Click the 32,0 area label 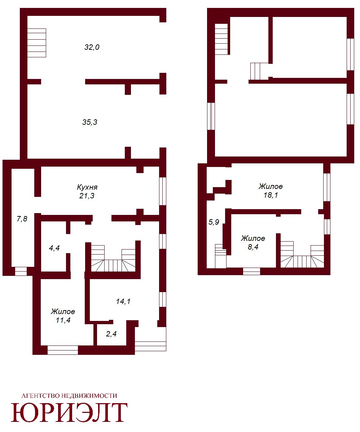[92, 47]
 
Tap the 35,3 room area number [89, 122]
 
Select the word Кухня [87, 188]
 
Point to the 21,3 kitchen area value [87, 196]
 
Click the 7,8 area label [22, 219]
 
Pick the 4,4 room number [54, 248]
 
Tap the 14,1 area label [123, 301]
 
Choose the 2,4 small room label [111, 334]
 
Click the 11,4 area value [63, 320]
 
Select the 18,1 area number [271, 195]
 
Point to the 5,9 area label [214, 222]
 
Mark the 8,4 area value [253, 247]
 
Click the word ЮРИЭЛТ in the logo [69, 413]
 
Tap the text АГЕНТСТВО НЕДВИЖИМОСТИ [69, 396]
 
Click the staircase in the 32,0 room [37, 43]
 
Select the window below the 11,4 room [63, 350]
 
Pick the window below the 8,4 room [251, 272]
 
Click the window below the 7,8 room [21, 272]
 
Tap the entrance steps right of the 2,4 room [150, 339]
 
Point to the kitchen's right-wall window [163, 191]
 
